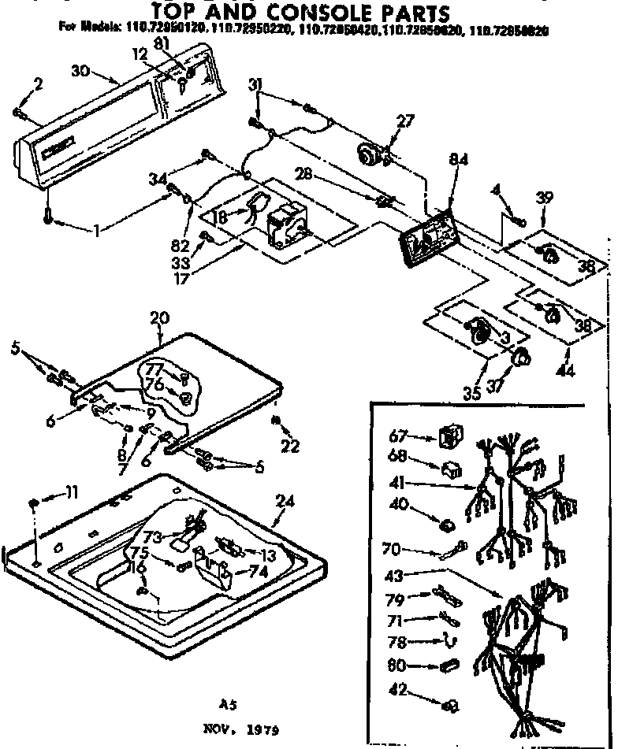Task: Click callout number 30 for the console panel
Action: (80, 69)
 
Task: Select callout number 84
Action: (459, 160)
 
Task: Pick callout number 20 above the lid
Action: (159, 317)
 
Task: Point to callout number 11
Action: (72, 493)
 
